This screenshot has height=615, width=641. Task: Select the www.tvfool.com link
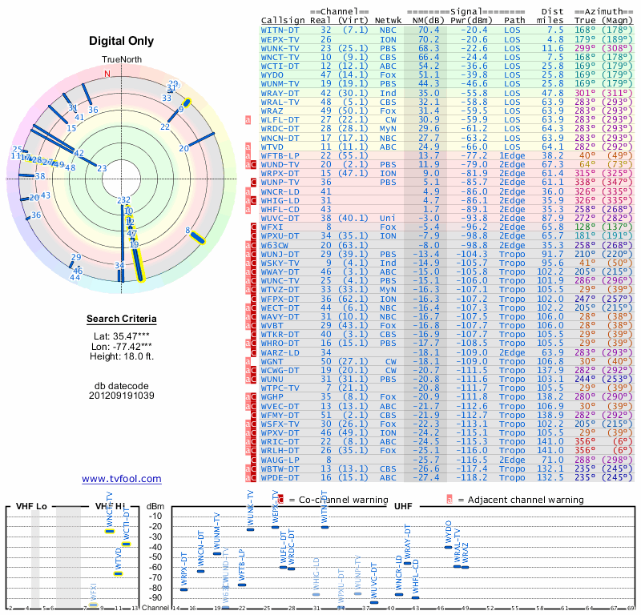[x=121, y=479]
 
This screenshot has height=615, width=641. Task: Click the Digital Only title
[x=121, y=41]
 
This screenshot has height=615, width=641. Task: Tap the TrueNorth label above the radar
[x=121, y=60]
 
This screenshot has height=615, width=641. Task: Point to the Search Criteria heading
[x=121, y=320]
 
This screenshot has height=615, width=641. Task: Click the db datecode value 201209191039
[x=121, y=395]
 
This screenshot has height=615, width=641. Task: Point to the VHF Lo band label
[x=31, y=507]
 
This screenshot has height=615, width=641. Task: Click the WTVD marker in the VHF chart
[x=118, y=573]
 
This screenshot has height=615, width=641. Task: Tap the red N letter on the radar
[x=107, y=74]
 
